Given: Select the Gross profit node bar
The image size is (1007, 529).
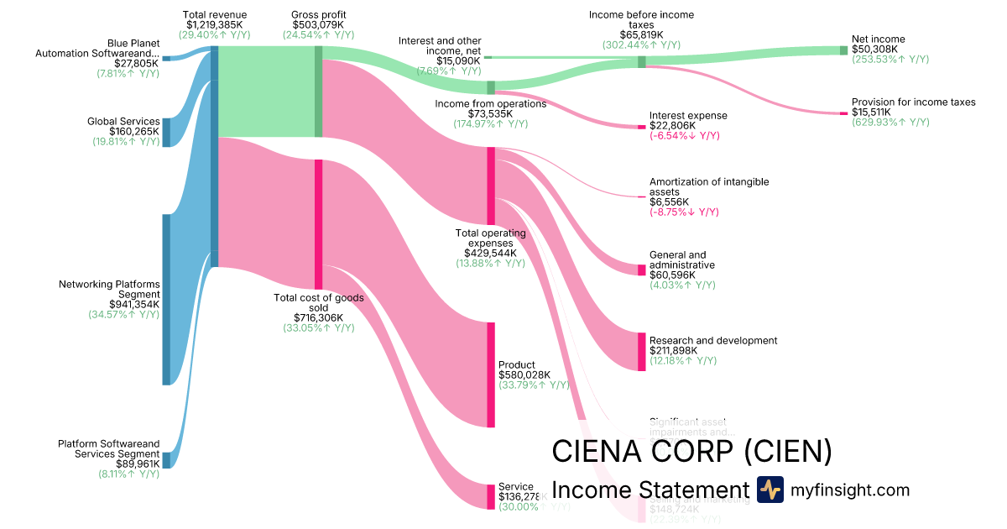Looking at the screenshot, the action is point(318,91).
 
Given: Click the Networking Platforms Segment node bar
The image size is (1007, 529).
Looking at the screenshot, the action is point(166,299).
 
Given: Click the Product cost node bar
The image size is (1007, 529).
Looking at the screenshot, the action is point(491,374).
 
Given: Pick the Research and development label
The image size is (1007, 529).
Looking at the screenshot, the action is point(713,340).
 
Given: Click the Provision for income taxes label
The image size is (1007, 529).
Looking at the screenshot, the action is point(914,102).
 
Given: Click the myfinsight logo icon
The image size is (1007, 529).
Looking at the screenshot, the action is point(770,490).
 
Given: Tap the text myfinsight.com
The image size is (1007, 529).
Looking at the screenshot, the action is point(849,490).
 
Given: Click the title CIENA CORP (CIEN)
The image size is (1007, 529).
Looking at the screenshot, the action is point(691,451).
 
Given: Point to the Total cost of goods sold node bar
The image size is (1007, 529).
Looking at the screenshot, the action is point(318,224).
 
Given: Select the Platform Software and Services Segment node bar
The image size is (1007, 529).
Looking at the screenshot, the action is point(166,459).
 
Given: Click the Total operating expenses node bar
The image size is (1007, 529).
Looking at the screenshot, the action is point(491,185).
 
